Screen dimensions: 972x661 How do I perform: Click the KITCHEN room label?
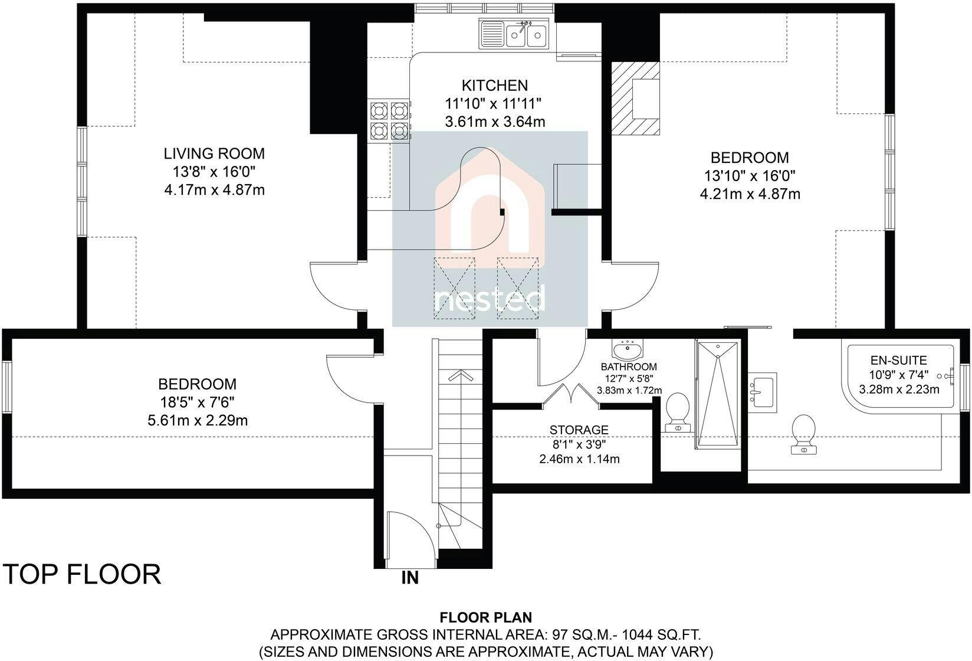(495, 85)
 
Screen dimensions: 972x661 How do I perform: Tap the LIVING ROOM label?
(214, 153)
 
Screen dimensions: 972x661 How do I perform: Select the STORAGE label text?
(579, 430)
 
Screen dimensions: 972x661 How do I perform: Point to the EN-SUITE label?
(899, 361)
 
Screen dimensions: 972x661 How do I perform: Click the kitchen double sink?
(514, 34)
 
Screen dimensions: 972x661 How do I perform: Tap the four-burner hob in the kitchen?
(389, 120)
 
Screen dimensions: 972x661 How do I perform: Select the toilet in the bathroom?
(677, 413)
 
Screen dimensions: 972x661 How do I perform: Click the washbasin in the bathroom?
(627, 349)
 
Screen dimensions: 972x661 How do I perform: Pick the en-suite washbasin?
(763, 392)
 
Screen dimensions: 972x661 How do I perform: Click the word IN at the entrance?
(410, 578)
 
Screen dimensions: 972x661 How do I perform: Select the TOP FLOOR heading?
(82, 574)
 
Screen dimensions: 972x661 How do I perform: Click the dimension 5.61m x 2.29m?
(198, 420)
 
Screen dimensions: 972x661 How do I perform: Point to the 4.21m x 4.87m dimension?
(750, 194)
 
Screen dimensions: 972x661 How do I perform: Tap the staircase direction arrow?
(461, 376)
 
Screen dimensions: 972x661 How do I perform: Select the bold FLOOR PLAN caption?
(486, 617)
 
